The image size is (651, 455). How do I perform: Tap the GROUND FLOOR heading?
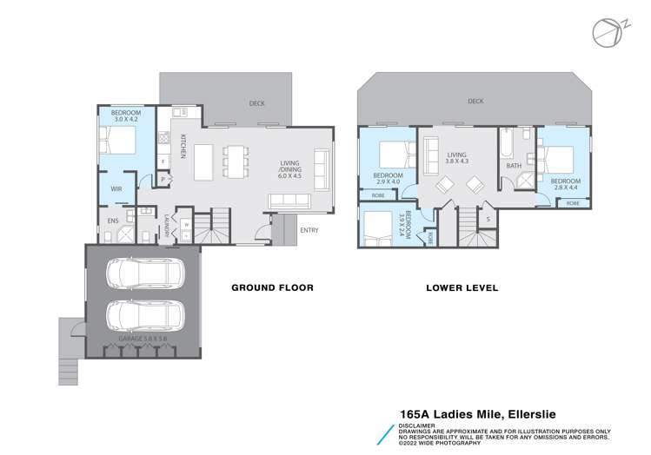click(271, 287)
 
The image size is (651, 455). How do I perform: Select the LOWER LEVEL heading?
click(462, 287)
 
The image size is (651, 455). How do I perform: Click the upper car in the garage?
click(143, 274)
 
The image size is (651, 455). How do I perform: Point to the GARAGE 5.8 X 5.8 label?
click(144, 338)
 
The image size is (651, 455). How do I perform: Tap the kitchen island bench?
click(203, 161)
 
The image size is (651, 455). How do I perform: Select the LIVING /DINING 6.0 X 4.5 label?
click(289, 168)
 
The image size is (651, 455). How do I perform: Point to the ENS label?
click(112, 221)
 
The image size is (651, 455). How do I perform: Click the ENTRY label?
click(309, 230)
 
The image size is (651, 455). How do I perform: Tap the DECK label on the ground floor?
click(256, 103)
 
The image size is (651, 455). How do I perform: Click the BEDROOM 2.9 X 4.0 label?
click(388, 179)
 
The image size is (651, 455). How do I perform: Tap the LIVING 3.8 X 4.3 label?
click(456, 157)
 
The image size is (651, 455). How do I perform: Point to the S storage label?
click(488, 219)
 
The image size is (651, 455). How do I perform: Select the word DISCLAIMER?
click(418, 425)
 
